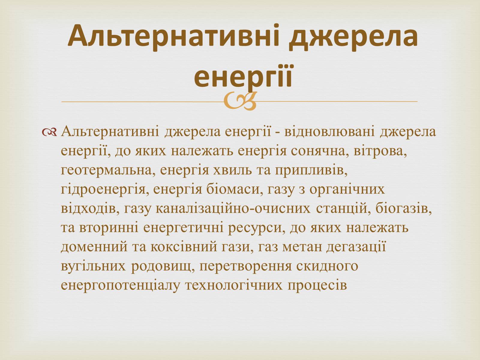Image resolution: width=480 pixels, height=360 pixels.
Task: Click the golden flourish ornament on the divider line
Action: [x=240, y=101]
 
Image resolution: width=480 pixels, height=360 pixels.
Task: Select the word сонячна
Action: [x=316, y=151]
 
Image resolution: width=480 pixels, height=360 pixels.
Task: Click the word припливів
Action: [x=311, y=170]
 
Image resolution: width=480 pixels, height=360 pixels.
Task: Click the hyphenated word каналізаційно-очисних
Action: [x=233, y=208]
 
